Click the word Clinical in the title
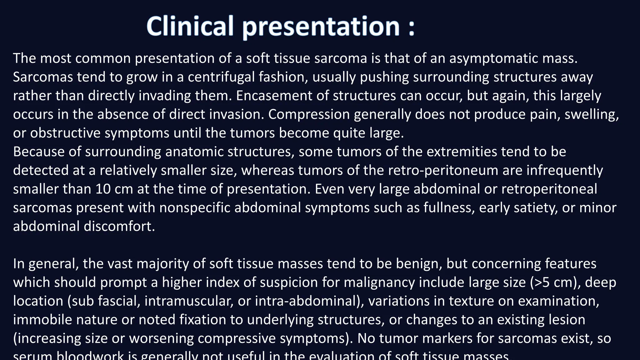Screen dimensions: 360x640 (x=190, y=26)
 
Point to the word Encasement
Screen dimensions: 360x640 (x=274, y=96)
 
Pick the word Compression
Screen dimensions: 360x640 (x=309, y=114)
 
